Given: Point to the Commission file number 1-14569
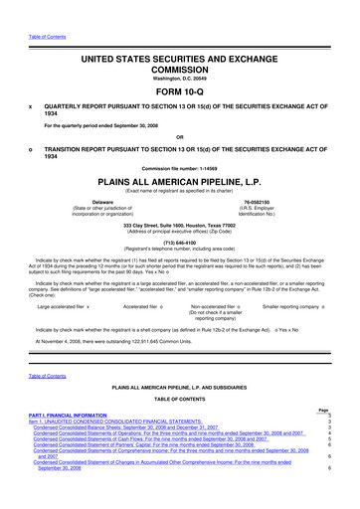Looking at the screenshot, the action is click(x=180, y=168).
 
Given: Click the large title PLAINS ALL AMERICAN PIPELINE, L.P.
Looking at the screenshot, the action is click(x=180, y=184).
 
